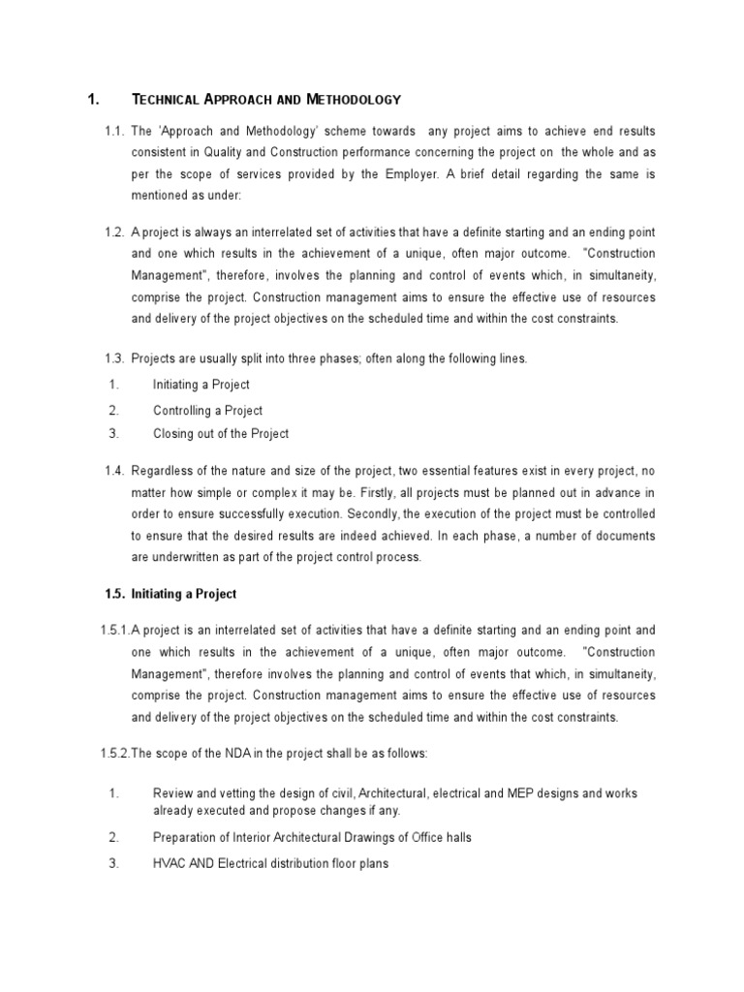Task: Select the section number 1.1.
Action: pyautogui.click(x=116, y=131)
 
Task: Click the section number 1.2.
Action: pyautogui.click(x=116, y=232)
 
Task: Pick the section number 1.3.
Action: pyautogui.click(x=116, y=358)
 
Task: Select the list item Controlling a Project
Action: pyautogui.click(x=207, y=410)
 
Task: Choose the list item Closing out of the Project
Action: pyautogui.click(x=220, y=433)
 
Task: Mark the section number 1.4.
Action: pyautogui.click(x=116, y=471)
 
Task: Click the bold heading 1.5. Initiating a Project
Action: pyautogui.click(x=170, y=594)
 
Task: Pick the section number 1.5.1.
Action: pyautogui.click(x=114, y=630)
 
